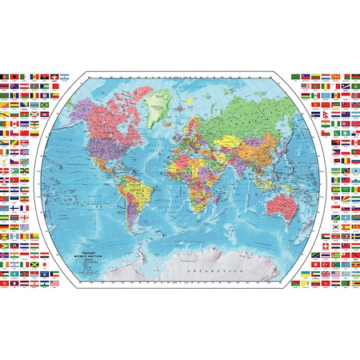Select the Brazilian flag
pyautogui.click(x=44, y=105)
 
